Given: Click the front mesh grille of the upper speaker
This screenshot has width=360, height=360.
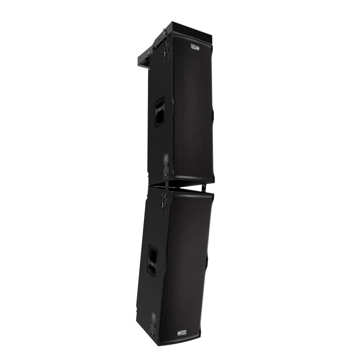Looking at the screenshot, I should [193, 108].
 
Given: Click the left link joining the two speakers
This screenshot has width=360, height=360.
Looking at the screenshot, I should [167, 184].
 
